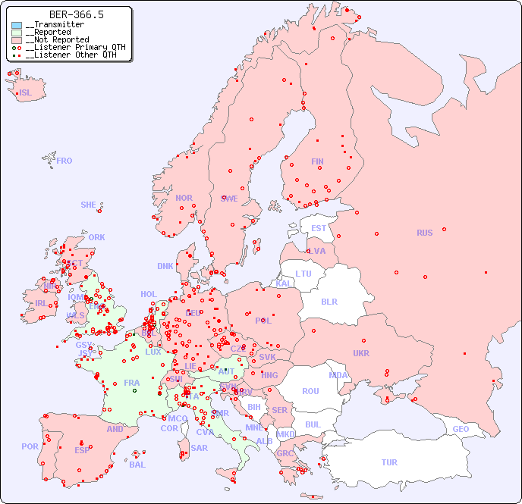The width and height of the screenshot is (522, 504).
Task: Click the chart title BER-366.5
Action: point(76,14)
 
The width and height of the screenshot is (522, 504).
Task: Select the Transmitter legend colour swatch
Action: point(17,25)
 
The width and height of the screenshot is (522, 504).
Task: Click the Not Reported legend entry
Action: point(56,39)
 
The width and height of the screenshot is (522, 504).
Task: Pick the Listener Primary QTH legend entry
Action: point(68,47)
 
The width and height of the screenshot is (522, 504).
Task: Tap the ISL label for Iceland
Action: point(26,93)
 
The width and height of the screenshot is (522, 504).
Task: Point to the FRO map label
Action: point(64,161)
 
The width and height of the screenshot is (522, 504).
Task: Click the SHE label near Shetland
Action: point(88,205)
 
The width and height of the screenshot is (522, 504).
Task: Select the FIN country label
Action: point(317,161)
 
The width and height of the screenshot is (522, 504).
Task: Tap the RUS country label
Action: point(424,233)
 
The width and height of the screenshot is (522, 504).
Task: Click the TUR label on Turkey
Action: point(389,462)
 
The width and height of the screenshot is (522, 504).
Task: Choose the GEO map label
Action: point(461,429)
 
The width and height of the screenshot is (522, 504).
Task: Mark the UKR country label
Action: point(361,353)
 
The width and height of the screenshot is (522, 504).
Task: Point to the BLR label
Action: point(329,301)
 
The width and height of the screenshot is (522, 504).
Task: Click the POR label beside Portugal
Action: point(30,446)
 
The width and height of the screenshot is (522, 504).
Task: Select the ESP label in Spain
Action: point(82,449)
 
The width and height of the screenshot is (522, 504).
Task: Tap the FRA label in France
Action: point(131,383)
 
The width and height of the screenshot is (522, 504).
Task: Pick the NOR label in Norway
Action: point(184,198)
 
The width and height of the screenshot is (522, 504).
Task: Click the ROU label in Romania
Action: point(310,391)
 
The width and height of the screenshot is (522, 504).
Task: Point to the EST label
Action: point(319,228)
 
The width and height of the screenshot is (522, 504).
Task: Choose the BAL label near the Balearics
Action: point(137,465)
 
